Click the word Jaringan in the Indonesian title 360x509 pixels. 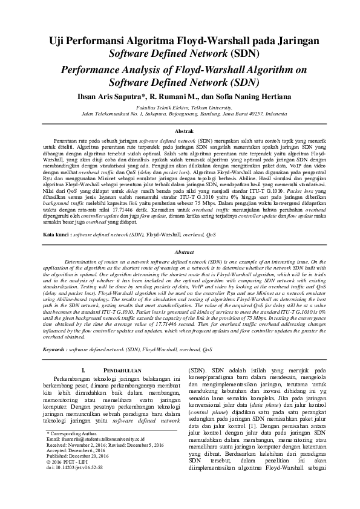(x=294, y=41)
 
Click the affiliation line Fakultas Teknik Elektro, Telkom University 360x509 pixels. (x=180, y=107)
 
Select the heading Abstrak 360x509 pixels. (x=180, y=131)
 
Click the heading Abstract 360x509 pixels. (x=180, y=251)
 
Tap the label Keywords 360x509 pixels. (x=62, y=349)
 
